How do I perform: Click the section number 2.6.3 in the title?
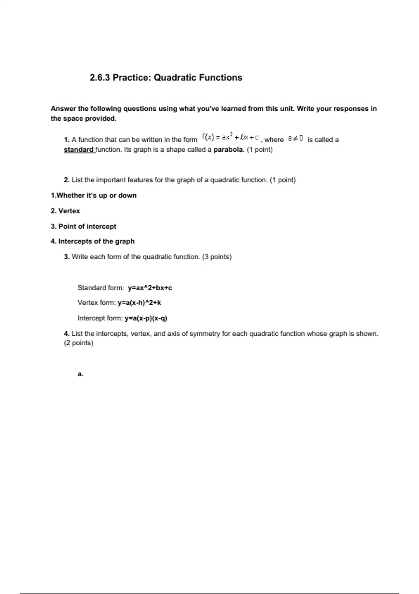[100, 78]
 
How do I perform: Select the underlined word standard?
[79, 150]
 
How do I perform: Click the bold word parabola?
[228, 150]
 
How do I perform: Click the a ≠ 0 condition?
[295, 139]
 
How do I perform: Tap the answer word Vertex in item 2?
[69, 211]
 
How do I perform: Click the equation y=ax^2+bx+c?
[150, 288]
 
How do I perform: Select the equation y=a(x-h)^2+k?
[139, 303]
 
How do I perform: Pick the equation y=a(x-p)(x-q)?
[146, 318]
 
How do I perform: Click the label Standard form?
[101, 288]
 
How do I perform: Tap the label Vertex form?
[96, 303]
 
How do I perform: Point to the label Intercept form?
[100, 318]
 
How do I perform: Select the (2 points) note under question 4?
[79, 343]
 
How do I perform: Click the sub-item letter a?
[80, 374]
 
